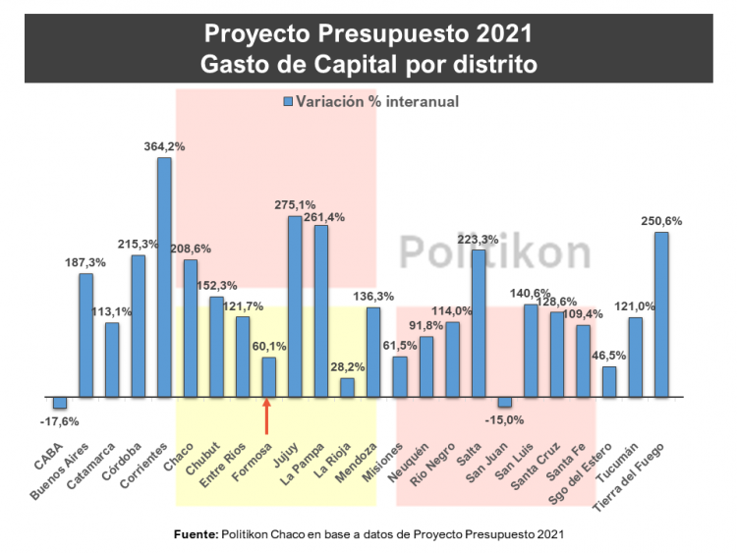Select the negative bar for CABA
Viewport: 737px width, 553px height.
coord(60,403)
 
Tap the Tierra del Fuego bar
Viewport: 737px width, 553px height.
coord(661,314)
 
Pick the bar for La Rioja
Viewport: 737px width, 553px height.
coord(347,387)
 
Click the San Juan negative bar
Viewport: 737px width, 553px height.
coord(504,402)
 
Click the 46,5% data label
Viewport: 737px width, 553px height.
coord(610,355)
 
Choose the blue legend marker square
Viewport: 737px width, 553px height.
coord(288,101)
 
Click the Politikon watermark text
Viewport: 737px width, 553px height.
coord(494,252)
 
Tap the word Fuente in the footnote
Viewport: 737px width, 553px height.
coord(194,534)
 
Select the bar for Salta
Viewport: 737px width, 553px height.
coord(479,323)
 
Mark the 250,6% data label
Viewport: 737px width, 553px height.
coord(661,220)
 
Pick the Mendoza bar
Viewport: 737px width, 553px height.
coord(373,353)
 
